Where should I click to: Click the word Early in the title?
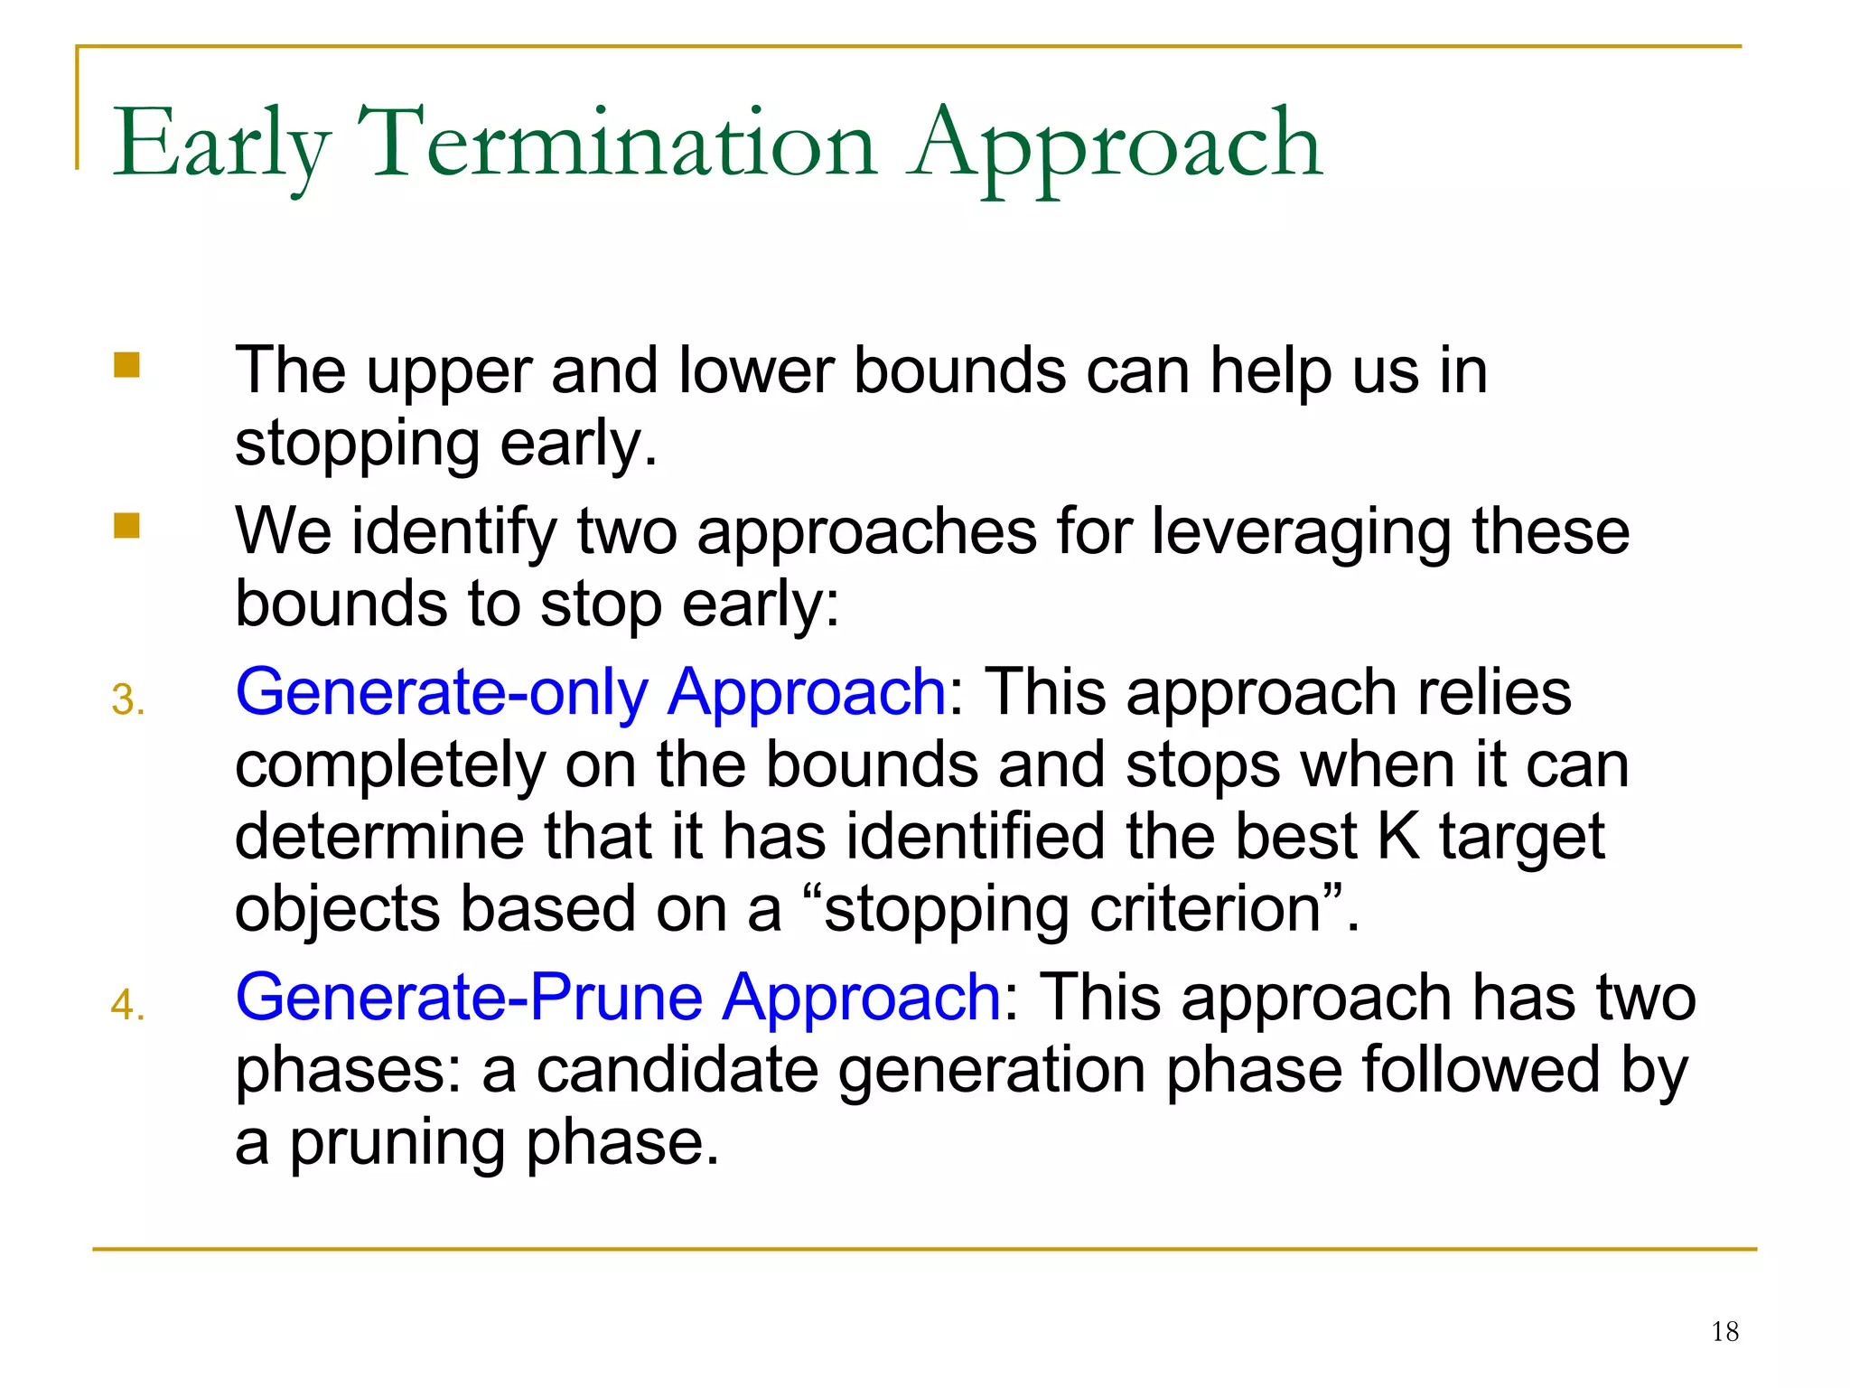[x=221, y=145]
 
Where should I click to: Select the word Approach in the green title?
[x=1117, y=145]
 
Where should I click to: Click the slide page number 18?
[x=1724, y=1331]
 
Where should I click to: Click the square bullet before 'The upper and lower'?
[x=126, y=365]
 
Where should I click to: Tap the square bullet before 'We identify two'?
[x=126, y=526]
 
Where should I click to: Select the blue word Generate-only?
[x=441, y=692]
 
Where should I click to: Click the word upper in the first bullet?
[x=447, y=373]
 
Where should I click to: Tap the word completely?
[x=389, y=765]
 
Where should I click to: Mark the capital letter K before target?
[x=1397, y=837]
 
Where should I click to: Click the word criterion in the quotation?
[x=1206, y=909]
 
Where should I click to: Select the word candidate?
[x=676, y=1070]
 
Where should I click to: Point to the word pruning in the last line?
[x=396, y=1142]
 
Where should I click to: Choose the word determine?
[x=379, y=837]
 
